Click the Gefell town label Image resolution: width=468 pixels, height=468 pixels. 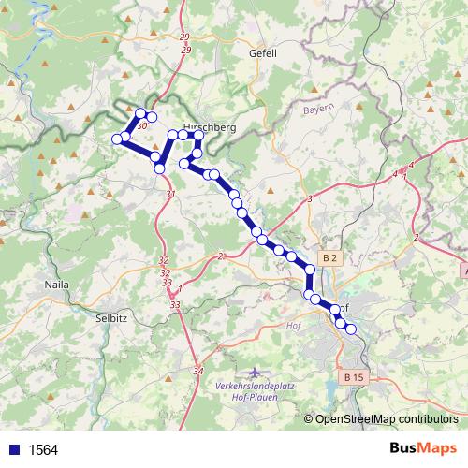(263, 53)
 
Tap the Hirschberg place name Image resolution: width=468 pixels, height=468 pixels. (209, 125)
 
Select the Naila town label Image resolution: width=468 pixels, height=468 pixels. (58, 283)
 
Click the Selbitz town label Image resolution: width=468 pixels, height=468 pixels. (111, 317)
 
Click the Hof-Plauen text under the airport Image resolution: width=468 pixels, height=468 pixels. (253, 397)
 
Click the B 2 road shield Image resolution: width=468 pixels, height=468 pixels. (329, 257)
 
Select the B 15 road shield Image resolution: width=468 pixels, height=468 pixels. (352, 377)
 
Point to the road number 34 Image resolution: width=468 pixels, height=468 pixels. (197, 372)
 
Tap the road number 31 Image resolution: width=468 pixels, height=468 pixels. (169, 194)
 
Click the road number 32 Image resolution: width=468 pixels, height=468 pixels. (164, 260)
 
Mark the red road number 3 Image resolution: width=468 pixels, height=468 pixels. (309, 198)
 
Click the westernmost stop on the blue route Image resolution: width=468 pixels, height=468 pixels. (117, 139)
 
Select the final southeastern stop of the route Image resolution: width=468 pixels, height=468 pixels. (351, 329)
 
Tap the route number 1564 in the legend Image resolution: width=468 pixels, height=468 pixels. (43, 449)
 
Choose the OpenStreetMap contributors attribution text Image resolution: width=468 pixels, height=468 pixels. (386, 419)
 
